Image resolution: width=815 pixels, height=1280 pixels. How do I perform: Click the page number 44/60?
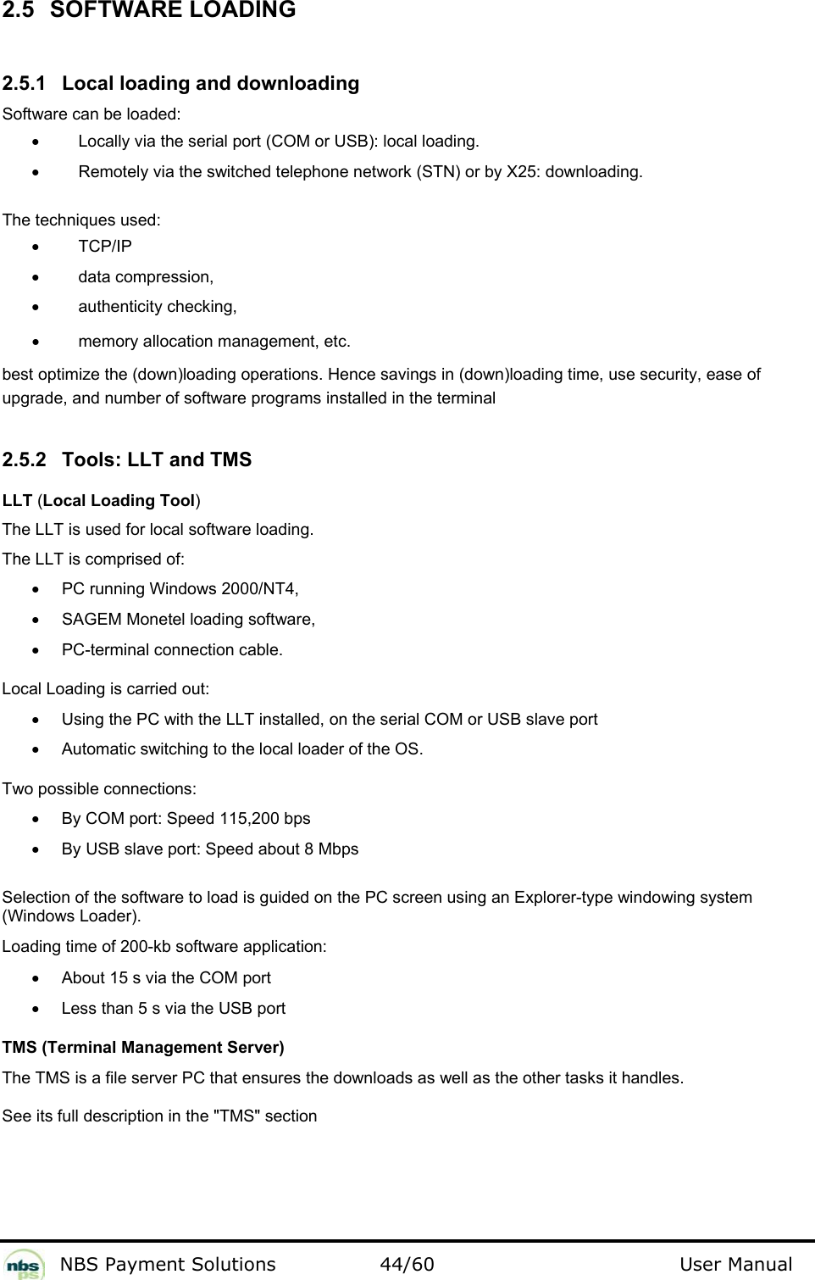click(407, 1265)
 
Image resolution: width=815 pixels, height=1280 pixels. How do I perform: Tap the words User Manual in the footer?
click(735, 1265)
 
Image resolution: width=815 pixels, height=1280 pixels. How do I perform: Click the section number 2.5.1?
click(25, 84)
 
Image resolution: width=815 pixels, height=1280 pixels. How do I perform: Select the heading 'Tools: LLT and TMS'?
click(157, 460)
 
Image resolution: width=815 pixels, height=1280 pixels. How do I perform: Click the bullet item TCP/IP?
click(105, 247)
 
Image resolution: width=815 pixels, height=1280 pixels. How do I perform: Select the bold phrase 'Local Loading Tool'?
click(119, 501)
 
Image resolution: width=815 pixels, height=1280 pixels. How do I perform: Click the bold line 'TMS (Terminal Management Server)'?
click(143, 1048)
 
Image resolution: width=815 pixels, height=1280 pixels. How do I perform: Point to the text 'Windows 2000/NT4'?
click(223, 589)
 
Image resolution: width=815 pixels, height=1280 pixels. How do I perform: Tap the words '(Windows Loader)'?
click(72, 916)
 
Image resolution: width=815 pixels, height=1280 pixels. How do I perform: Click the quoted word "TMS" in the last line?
click(238, 1116)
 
